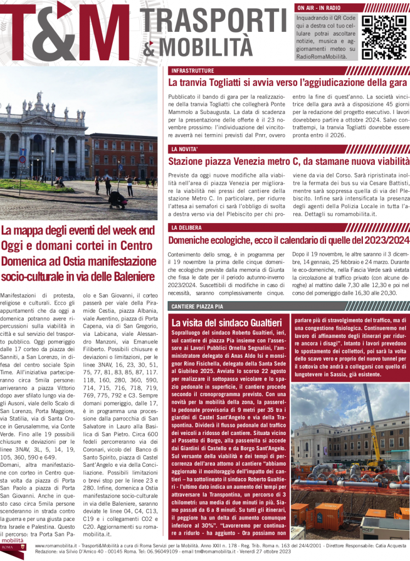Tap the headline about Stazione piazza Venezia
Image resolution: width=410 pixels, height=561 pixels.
coord(289,161)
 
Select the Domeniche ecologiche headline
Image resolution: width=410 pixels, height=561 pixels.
coord(289,240)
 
